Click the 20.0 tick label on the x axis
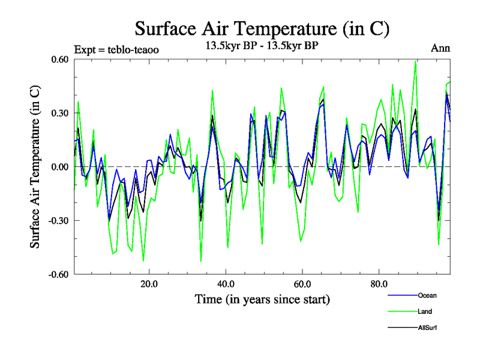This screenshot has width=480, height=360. click(x=148, y=284)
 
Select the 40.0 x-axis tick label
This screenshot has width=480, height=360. click(x=225, y=284)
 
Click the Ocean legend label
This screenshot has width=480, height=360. click(x=427, y=295)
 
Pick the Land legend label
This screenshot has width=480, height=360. click(x=425, y=311)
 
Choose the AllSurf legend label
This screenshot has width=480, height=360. click(x=428, y=328)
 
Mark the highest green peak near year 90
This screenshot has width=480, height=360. click(x=415, y=61)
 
